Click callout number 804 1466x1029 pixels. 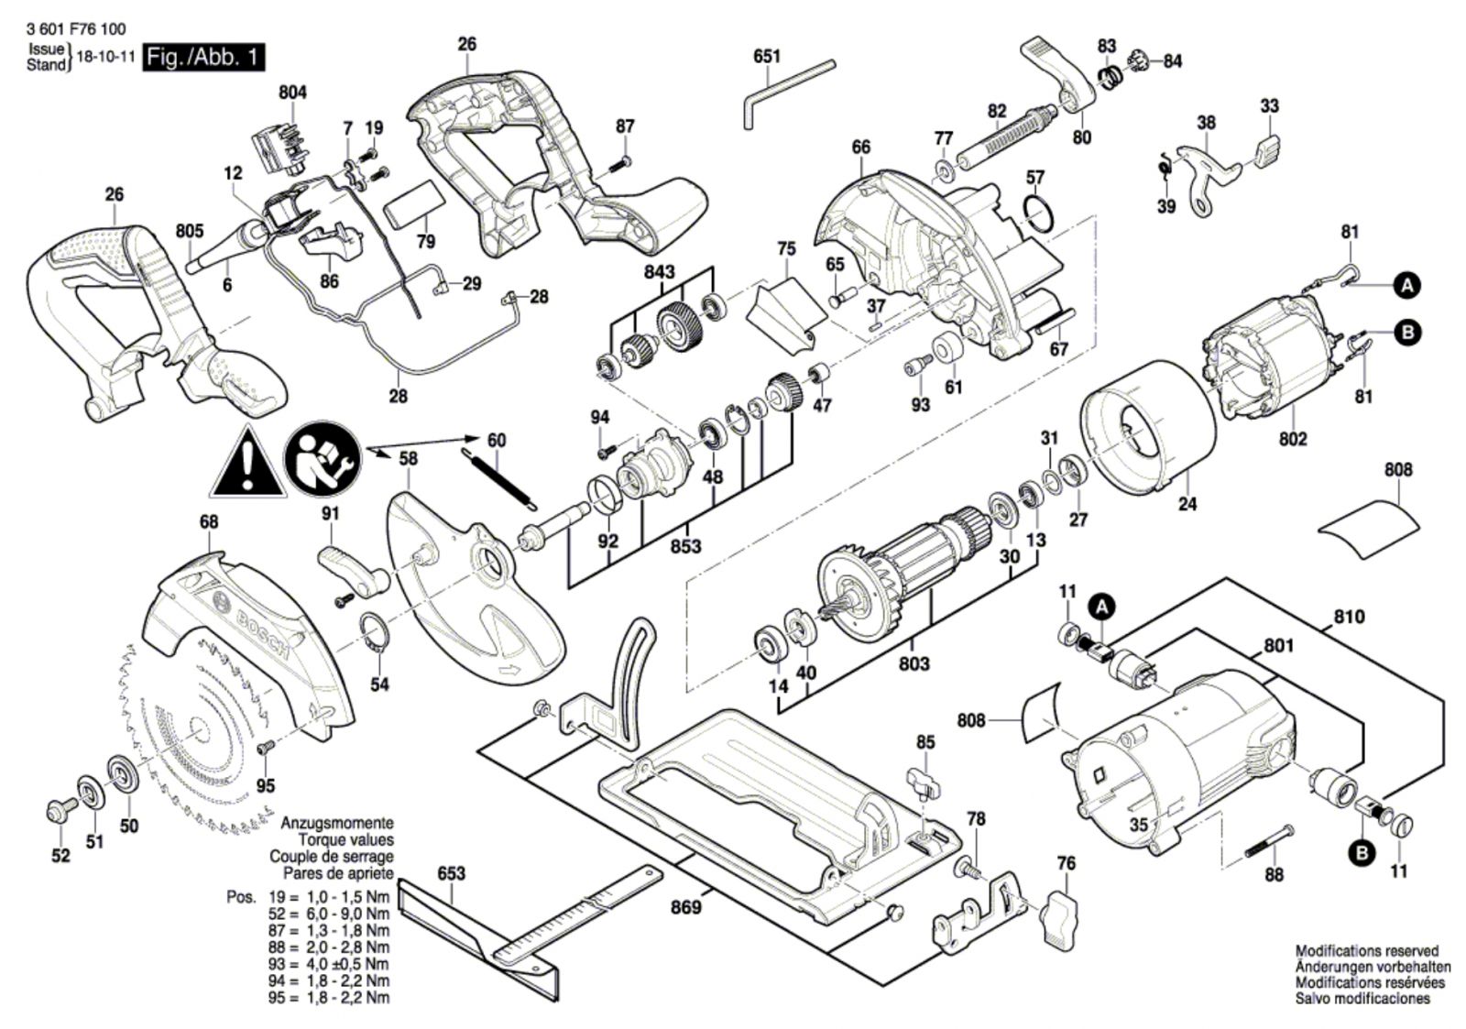[x=292, y=93]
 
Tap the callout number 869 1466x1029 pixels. [x=685, y=907]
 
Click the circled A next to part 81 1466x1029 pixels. [x=1406, y=286]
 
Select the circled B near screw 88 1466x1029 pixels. [x=1362, y=852]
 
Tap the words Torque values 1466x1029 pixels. [x=345, y=839]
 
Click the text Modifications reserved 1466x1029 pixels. [x=1366, y=951]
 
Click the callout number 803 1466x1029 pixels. [x=914, y=662]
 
